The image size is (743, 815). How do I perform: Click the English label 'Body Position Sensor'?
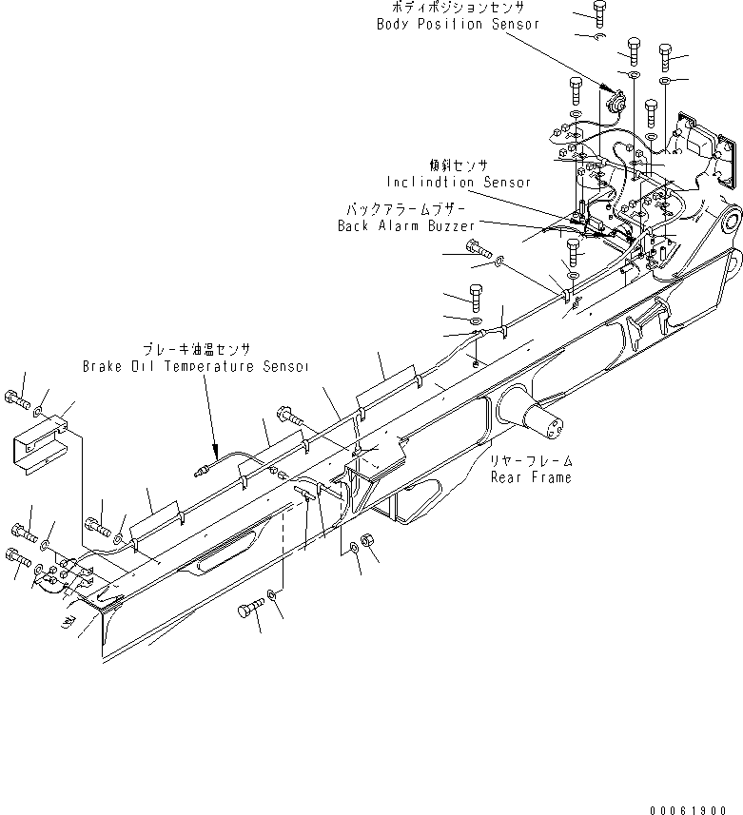click(x=458, y=24)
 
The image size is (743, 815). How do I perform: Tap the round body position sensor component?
click(x=612, y=98)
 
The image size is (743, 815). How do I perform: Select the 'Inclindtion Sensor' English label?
click(x=459, y=182)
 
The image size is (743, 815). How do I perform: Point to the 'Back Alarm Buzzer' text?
click(x=406, y=226)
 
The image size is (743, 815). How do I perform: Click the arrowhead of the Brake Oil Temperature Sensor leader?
click(x=215, y=447)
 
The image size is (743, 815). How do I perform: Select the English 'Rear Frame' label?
click(x=531, y=477)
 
